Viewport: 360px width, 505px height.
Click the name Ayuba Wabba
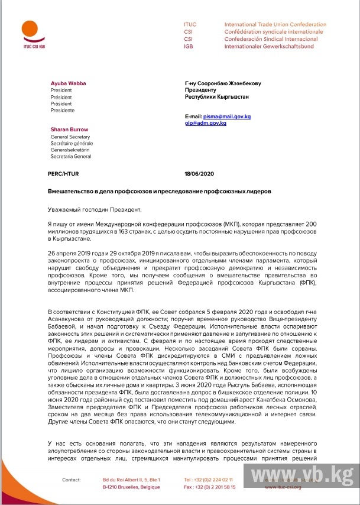coord(69,83)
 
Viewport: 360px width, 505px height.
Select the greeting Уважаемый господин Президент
coord(95,209)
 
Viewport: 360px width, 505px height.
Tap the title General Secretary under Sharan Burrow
coord(71,137)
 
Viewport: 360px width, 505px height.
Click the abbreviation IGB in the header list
coord(189,46)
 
